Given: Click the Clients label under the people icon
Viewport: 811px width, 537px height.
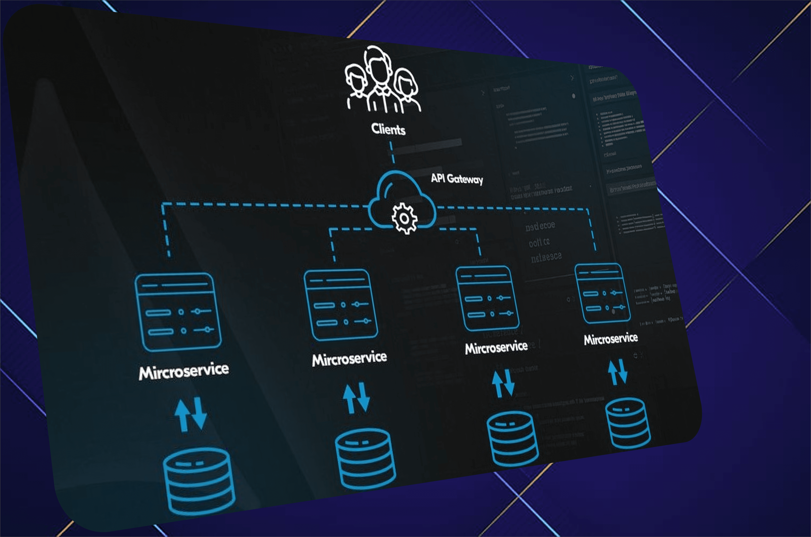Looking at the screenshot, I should (388, 130).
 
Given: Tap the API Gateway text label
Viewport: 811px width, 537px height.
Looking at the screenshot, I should (457, 179).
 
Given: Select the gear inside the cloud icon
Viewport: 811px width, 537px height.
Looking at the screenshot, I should (404, 218).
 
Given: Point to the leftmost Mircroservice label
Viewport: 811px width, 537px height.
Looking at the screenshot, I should (184, 371).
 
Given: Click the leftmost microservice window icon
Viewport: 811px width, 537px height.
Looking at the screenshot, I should (178, 312).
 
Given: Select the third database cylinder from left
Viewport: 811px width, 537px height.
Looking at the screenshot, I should (512, 438).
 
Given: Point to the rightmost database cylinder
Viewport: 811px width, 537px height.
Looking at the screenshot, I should (628, 423).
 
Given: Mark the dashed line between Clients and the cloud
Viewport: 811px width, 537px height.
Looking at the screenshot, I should (392, 152).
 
